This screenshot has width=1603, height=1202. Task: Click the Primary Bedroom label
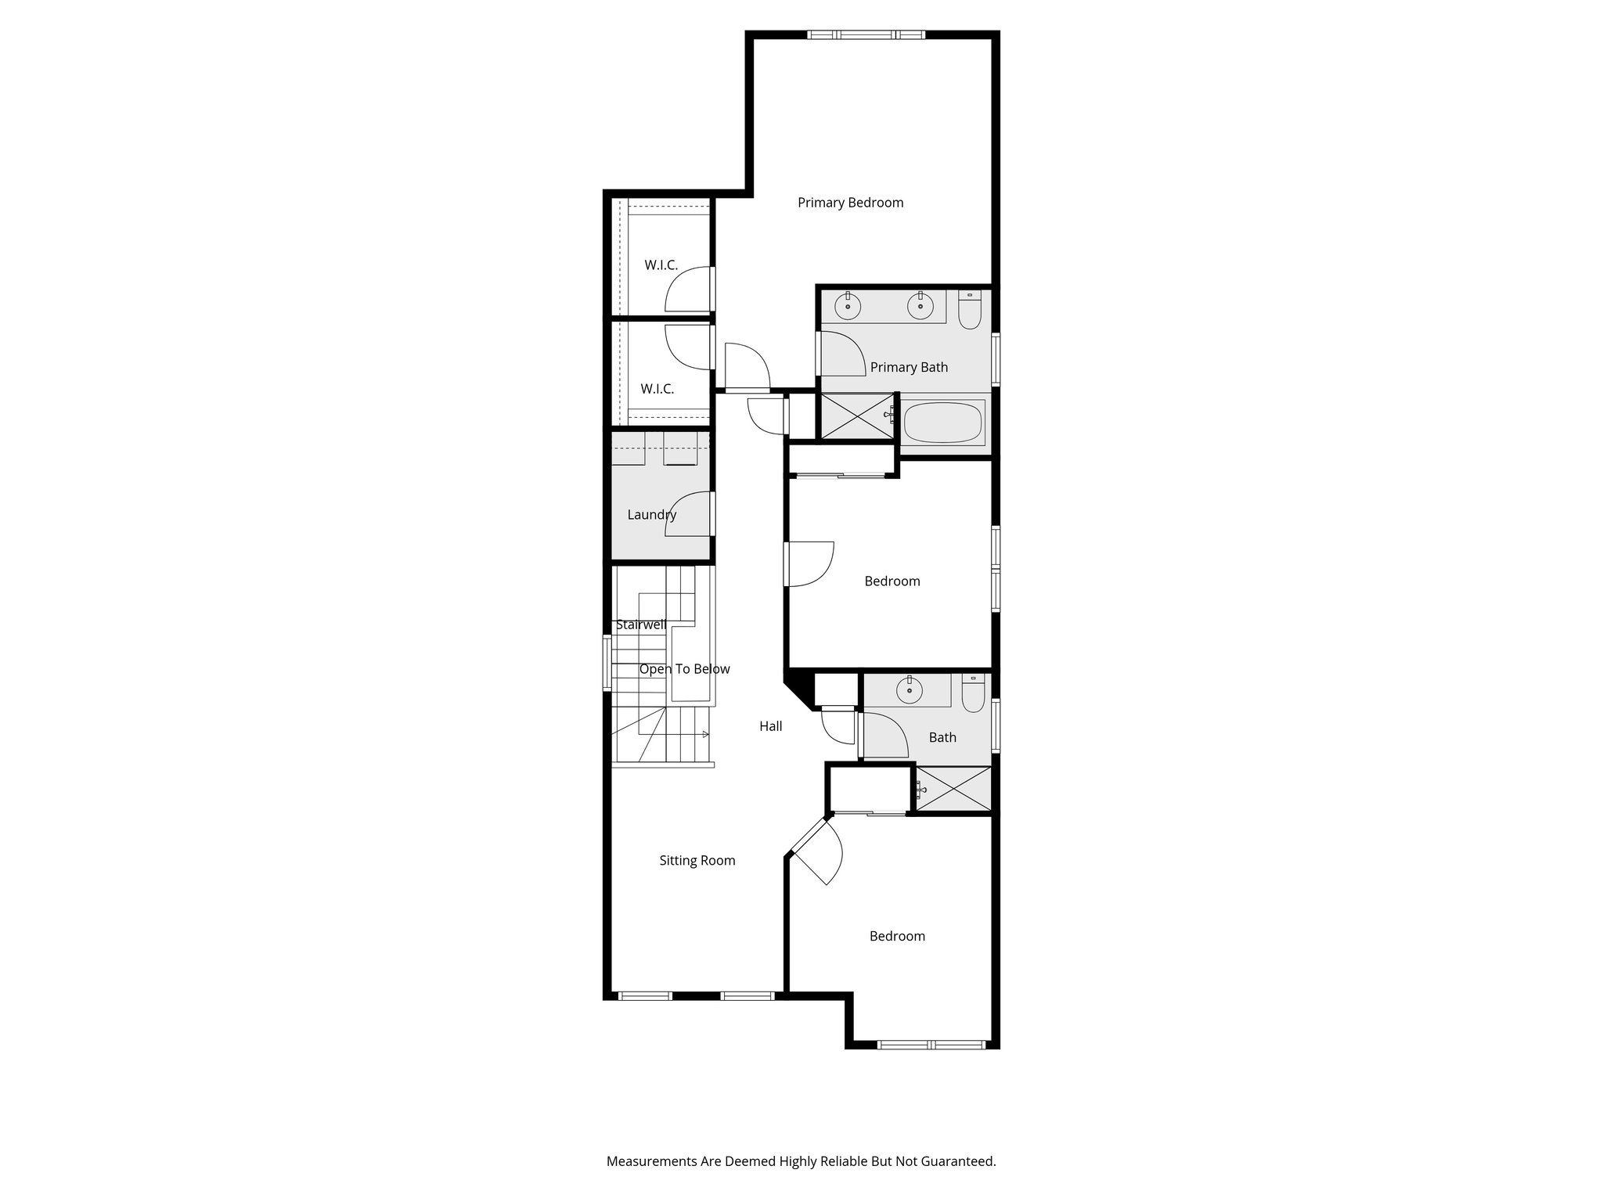[x=850, y=203]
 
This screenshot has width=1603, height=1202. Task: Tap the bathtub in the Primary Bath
[x=942, y=423]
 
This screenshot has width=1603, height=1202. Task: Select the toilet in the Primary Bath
[x=970, y=309]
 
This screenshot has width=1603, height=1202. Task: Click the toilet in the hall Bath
[x=973, y=693]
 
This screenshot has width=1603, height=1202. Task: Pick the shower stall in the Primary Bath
[x=856, y=416]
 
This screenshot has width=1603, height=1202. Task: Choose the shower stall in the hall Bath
[x=953, y=789]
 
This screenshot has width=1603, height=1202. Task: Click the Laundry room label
[x=651, y=515]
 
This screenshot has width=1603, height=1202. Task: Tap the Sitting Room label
[x=697, y=861]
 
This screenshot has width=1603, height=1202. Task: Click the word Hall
[x=770, y=726]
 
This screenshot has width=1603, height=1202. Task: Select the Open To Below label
[x=684, y=669]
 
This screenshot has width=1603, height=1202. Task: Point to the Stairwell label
[x=641, y=624]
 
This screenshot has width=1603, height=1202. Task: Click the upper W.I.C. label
[x=661, y=265]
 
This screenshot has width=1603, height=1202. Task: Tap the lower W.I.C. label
[x=657, y=389]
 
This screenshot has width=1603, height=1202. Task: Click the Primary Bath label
[x=909, y=367]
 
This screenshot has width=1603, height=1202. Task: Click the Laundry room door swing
[x=690, y=514]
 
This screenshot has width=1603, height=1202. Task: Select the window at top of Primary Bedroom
[x=866, y=34]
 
